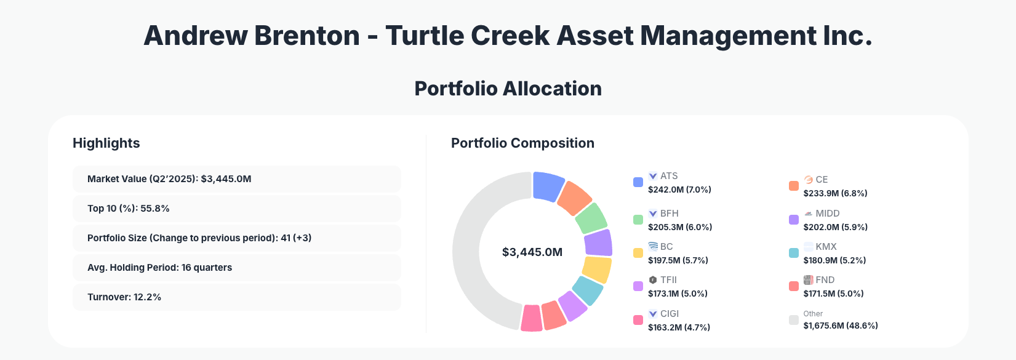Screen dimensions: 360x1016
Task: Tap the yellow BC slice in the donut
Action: click(x=596, y=270)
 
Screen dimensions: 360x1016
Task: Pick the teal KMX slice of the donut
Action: click(x=588, y=290)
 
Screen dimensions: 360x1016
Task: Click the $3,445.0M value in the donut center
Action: click(x=532, y=252)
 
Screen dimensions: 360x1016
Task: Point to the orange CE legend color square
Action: click(x=794, y=186)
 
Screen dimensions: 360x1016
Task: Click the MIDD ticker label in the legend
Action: click(x=827, y=214)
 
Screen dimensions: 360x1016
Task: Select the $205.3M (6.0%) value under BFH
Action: click(x=680, y=227)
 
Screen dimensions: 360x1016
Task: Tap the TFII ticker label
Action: click(x=668, y=280)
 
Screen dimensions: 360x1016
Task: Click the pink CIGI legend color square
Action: click(x=638, y=320)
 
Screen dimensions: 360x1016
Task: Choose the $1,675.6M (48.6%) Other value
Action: click(x=841, y=326)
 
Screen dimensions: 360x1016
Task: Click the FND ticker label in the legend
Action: click(x=825, y=280)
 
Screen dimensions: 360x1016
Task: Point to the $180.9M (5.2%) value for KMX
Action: click(x=834, y=260)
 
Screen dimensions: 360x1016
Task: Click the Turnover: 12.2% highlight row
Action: click(x=236, y=297)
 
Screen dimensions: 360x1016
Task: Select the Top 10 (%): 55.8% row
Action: click(x=236, y=209)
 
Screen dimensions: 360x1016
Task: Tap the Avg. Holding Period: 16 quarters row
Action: click(x=236, y=268)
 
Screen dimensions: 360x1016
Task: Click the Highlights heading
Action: click(x=106, y=143)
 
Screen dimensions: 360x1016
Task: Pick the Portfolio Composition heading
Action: click(x=522, y=143)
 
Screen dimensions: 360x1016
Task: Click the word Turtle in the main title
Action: click(x=424, y=36)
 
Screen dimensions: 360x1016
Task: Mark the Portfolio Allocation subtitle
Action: click(x=508, y=89)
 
